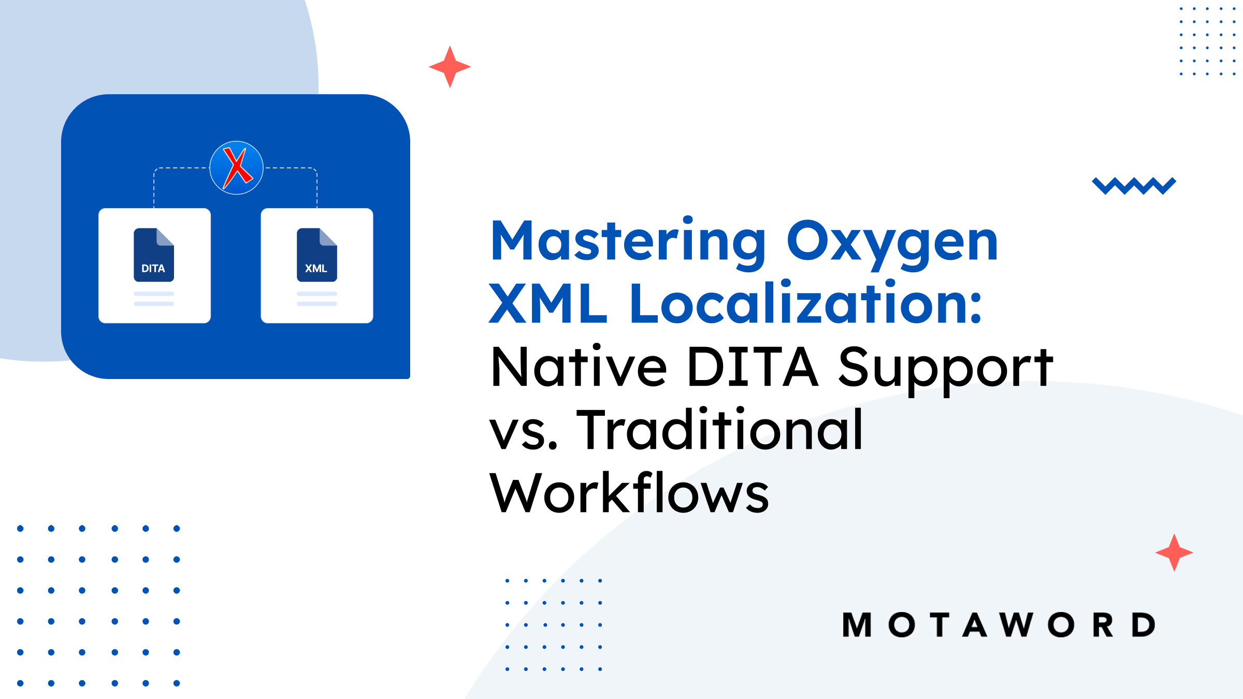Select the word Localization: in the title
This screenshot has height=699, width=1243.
[x=805, y=303]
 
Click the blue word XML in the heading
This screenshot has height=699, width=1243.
[x=548, y=303]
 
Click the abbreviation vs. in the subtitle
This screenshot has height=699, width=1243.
[x=524, y=434]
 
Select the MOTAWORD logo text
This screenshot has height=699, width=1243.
[x=999, y=625]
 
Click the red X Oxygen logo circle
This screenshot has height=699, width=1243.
[x=237, y=168]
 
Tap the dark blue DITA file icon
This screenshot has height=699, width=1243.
[x=154, y=255]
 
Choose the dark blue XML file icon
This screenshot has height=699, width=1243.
[x=317, y=255]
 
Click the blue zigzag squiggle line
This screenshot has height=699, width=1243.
[x=1134, y=186]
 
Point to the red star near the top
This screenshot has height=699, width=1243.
[x=450, y=67]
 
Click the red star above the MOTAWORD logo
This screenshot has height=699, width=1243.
[x=1174, y=552]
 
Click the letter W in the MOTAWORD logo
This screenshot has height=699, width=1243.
[x=1017, y=625]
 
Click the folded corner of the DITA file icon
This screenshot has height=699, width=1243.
[x=165, y=237]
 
